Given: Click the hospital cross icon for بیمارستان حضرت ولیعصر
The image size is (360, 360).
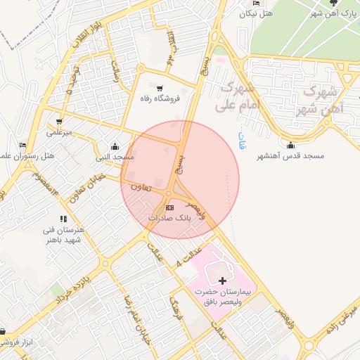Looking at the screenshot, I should (223, 281).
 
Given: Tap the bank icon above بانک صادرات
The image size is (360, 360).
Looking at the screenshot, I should (169, 207).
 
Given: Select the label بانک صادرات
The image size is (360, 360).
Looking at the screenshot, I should (169, 219).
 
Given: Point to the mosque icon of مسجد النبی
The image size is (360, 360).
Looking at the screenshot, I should (115, 146).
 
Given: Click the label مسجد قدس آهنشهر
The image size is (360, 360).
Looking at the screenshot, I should (290, 155).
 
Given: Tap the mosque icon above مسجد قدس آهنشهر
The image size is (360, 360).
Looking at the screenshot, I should (291, 145).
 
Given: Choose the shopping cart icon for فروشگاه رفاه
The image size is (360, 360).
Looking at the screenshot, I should (160, 89).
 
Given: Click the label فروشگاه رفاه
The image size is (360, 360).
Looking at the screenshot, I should (160, 99).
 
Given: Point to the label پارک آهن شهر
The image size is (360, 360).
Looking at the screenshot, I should (336, 13).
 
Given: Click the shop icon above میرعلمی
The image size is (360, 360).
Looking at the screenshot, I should (60, 121).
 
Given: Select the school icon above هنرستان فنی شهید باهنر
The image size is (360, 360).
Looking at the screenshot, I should (64, 219).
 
